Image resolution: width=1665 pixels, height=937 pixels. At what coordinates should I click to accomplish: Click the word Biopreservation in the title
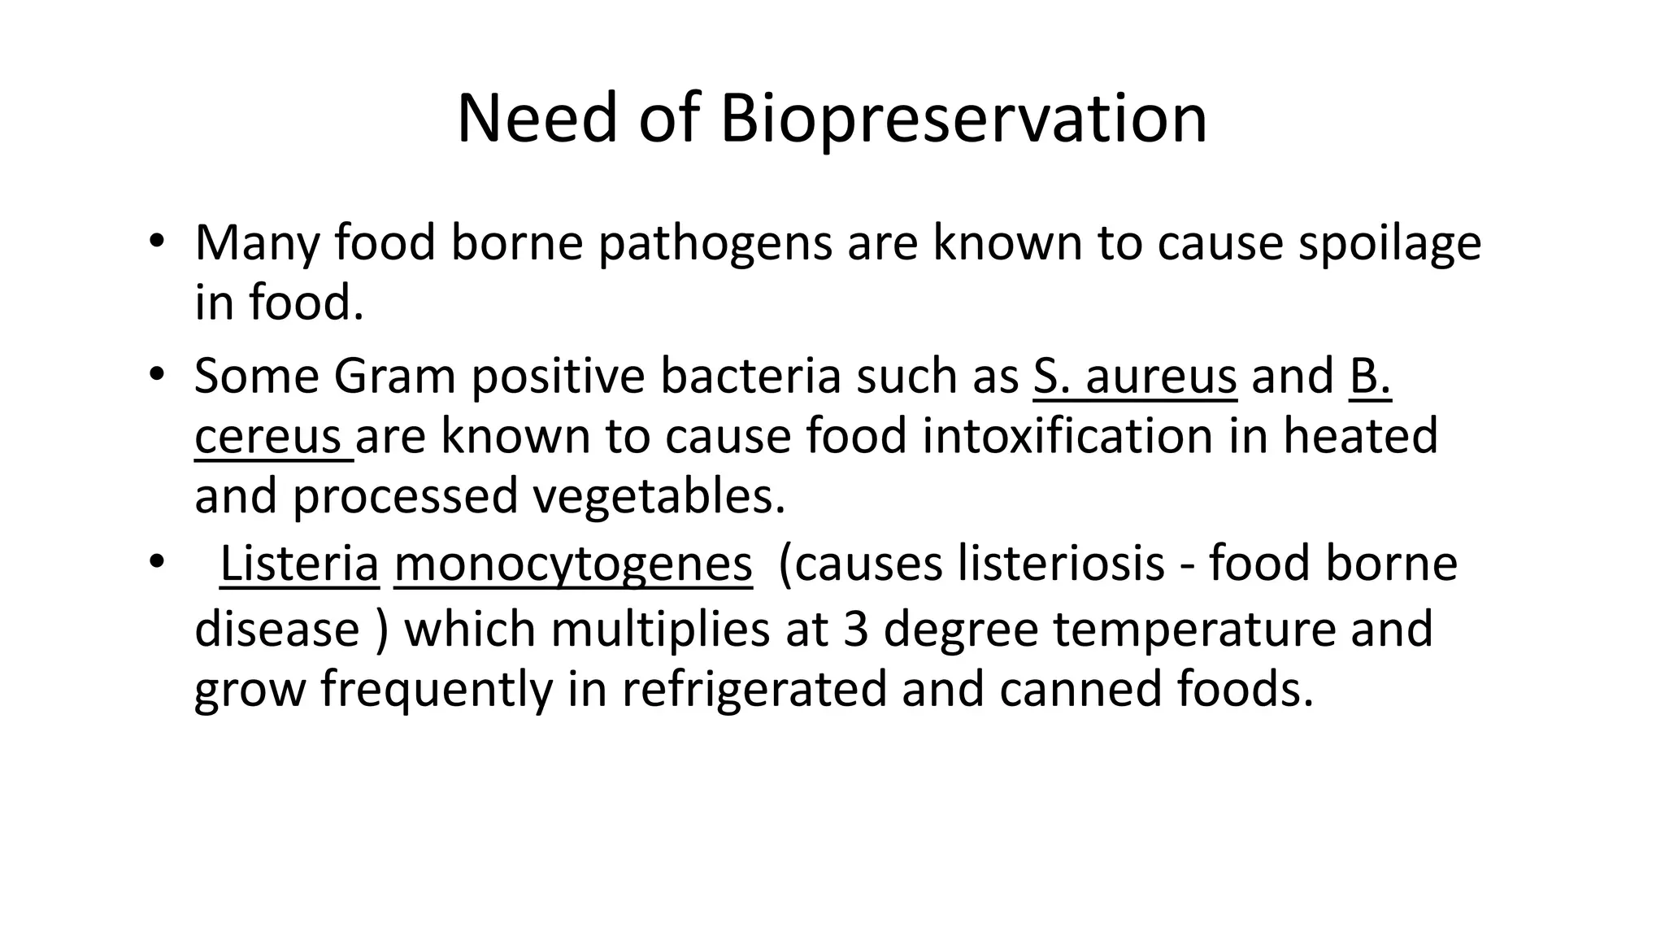963,119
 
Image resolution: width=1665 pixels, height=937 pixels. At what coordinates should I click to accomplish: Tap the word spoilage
1389,243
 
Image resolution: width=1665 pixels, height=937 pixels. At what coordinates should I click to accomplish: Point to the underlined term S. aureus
1135,377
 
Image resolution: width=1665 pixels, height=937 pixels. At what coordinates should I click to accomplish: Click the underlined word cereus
267,436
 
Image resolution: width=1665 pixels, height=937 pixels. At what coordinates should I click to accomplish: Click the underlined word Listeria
299,564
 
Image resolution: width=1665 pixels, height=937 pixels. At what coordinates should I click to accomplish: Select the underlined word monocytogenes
573,564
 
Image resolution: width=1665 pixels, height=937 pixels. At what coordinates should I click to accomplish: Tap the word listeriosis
1060,564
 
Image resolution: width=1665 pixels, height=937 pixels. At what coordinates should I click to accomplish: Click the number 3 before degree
856,630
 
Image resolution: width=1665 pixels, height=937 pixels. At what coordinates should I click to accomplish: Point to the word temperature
1194,630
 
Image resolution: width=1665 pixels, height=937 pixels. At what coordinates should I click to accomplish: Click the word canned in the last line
1080,689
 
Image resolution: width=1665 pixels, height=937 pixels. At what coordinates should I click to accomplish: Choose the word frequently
436,689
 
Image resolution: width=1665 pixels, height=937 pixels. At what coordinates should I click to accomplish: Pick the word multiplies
659,630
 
